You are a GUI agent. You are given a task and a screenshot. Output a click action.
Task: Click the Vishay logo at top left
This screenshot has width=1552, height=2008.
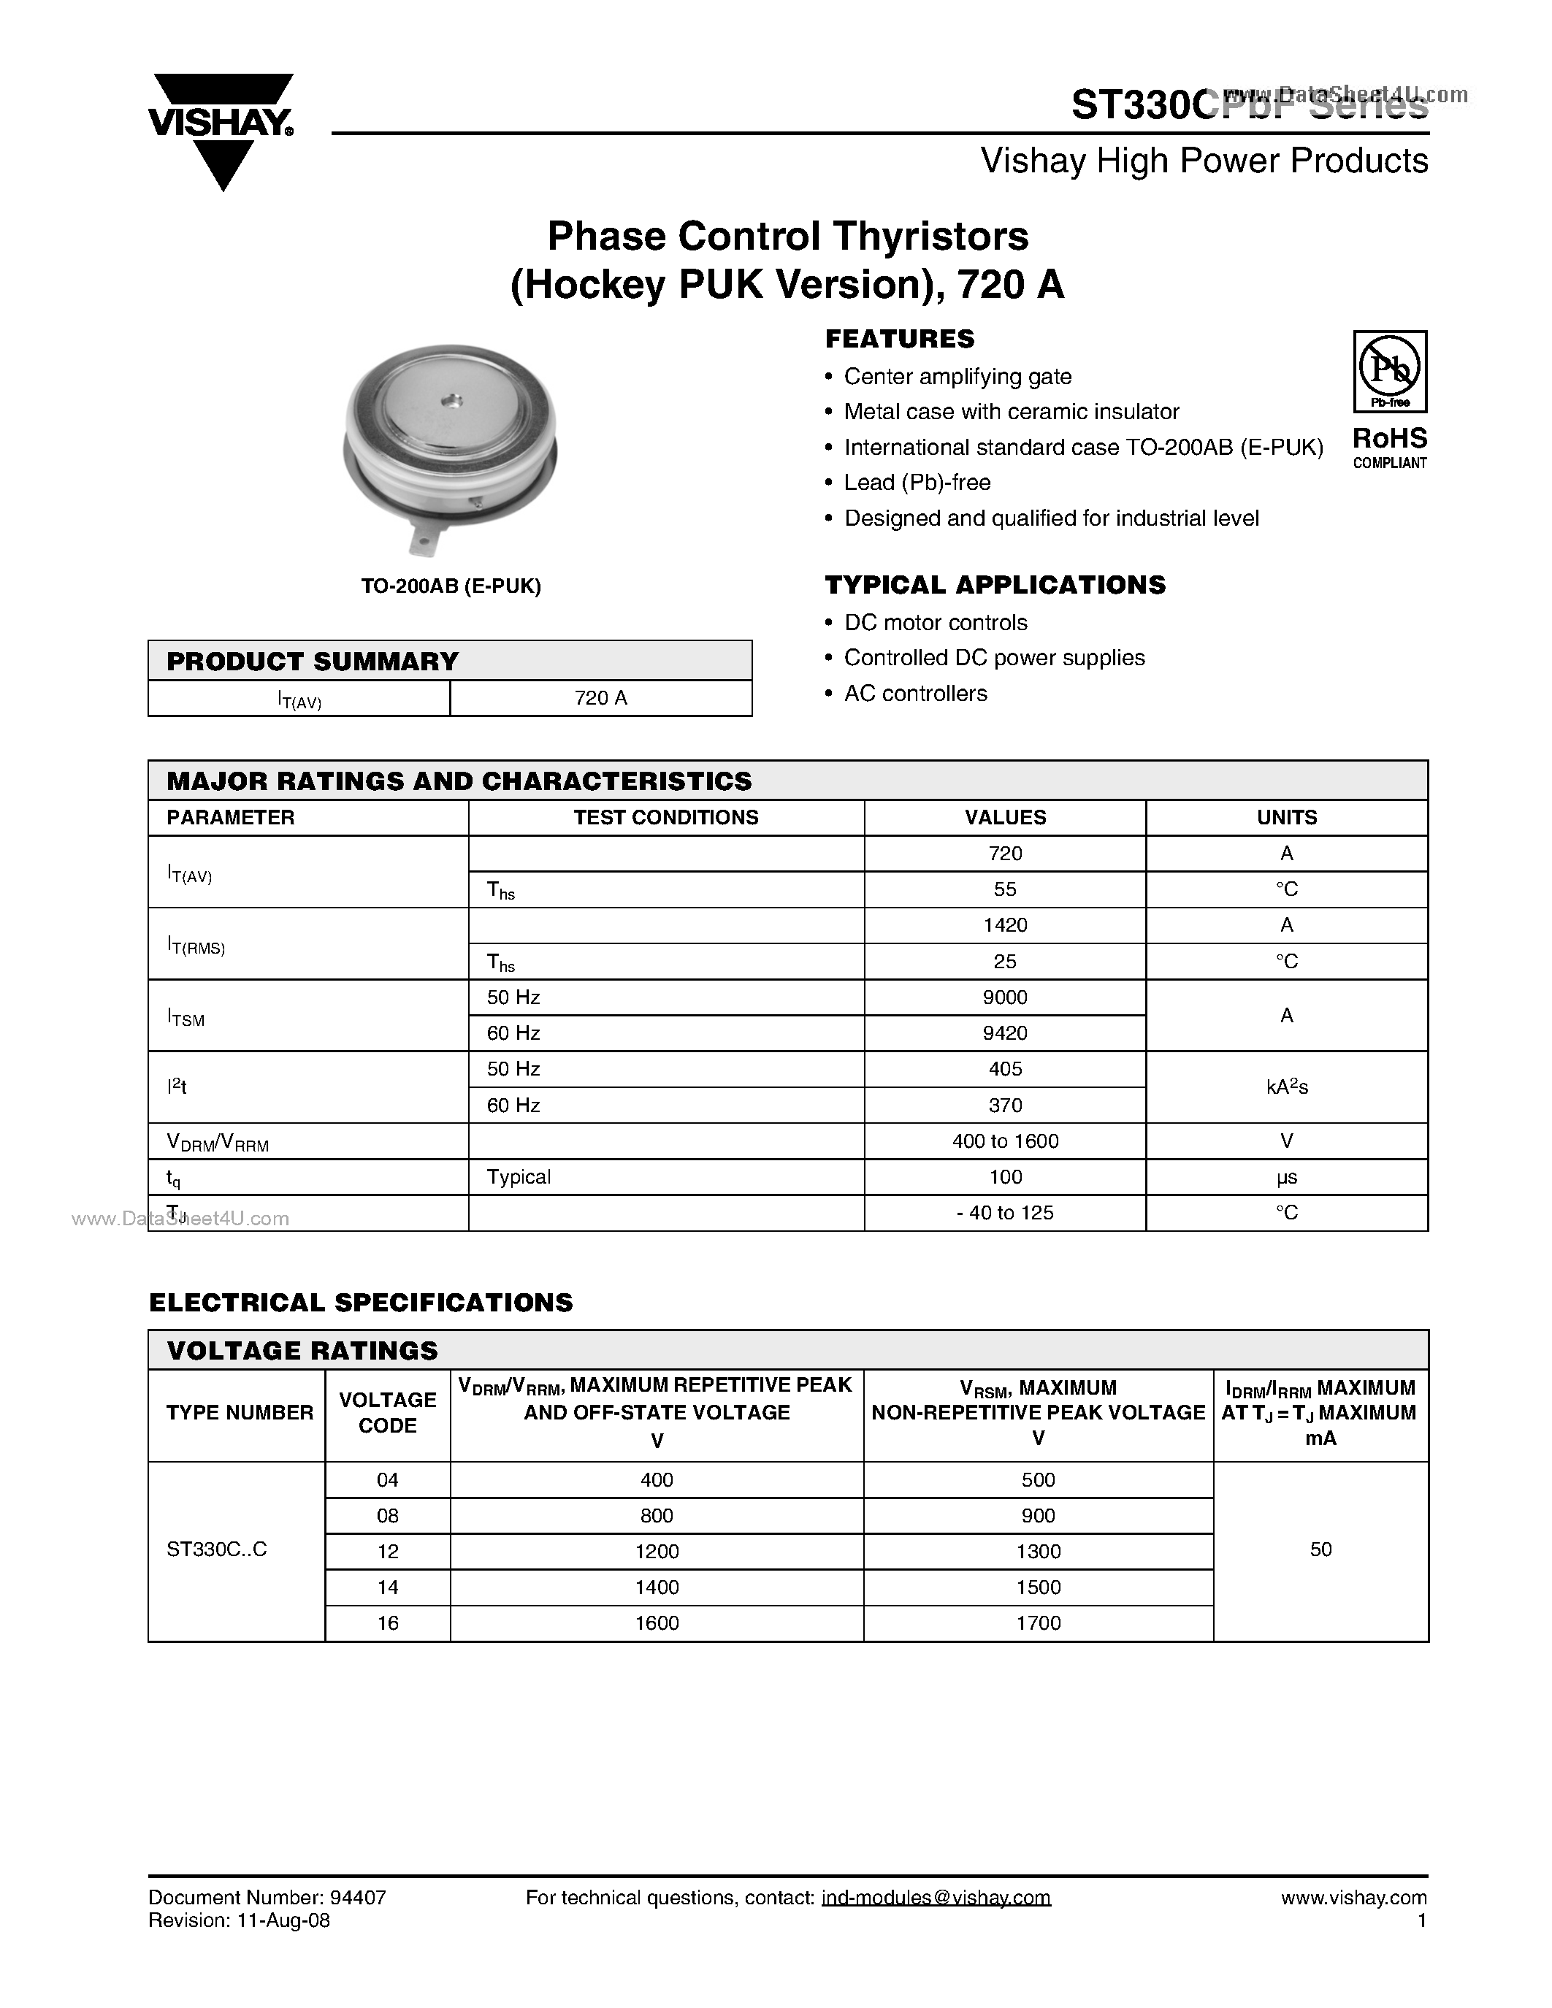(221, 129)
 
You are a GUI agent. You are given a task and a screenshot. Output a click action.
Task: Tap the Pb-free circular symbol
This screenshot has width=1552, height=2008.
(1389, 368)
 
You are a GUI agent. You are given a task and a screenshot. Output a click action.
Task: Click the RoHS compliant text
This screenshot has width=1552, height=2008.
(1389, 447)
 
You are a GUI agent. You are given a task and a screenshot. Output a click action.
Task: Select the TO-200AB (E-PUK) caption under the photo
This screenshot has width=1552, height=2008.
(451, 586)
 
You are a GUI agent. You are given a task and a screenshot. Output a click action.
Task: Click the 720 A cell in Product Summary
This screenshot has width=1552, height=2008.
(600, 698)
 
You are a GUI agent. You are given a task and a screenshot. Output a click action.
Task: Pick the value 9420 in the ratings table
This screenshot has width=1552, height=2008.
(1004, 1033)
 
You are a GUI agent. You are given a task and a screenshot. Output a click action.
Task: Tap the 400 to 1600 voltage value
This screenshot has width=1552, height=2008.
(1004, 1141)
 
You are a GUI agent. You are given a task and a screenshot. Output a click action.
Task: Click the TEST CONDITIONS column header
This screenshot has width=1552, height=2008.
(665, 817)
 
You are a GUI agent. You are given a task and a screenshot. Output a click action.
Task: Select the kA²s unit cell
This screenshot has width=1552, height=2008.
(1285, 1087)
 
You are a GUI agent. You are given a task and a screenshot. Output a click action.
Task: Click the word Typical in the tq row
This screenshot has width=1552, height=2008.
(519, 1177)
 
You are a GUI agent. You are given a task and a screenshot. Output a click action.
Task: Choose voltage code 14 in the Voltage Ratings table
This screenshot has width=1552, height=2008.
(387, 1587)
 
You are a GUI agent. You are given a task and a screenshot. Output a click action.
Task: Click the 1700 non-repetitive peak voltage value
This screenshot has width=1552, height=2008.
(1038, 1622)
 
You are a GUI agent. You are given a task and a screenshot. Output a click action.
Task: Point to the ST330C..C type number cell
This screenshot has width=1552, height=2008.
(217, 1549)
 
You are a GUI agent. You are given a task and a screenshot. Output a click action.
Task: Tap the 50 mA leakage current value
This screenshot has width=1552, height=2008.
(1320, 1549)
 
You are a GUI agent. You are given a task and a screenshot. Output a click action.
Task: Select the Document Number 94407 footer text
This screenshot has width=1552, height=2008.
(267, 1898)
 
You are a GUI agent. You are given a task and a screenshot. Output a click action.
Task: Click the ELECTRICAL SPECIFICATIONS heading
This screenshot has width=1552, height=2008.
(360, 1302)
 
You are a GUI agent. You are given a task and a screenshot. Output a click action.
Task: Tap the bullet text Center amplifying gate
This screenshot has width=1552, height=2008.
(957, 377)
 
